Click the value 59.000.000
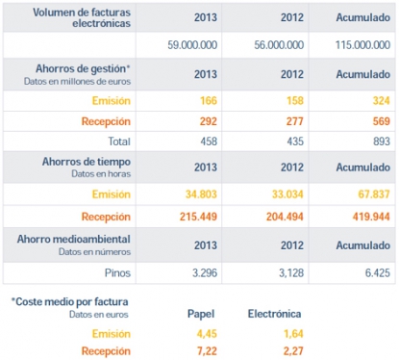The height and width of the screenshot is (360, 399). click(x=193, y=45)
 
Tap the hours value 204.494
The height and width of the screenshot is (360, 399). click(x=280, y=213)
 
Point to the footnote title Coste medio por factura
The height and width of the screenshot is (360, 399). click(x=71, y=301)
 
